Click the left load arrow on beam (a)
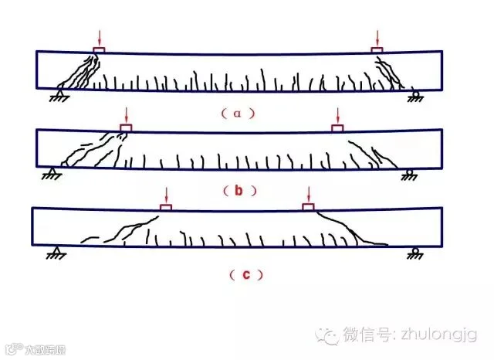click(100, 38)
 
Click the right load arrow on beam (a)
click(377, 38)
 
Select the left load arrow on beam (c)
click(165, 194)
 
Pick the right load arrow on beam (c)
click(309, 193)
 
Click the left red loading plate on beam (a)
click(100, 50)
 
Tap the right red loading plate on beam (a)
click(377, 50)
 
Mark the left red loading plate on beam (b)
click(125, 127)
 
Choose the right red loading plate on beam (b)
click(337, 127)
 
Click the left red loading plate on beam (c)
click(165, 206)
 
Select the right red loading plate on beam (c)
click(309, 206)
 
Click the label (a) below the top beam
click(239, 112)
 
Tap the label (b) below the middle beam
click(239, 189)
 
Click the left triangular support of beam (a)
click(57, 95)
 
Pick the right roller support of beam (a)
click(415, 97)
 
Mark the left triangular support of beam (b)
click(52, 173)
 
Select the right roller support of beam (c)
click(415, 252)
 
